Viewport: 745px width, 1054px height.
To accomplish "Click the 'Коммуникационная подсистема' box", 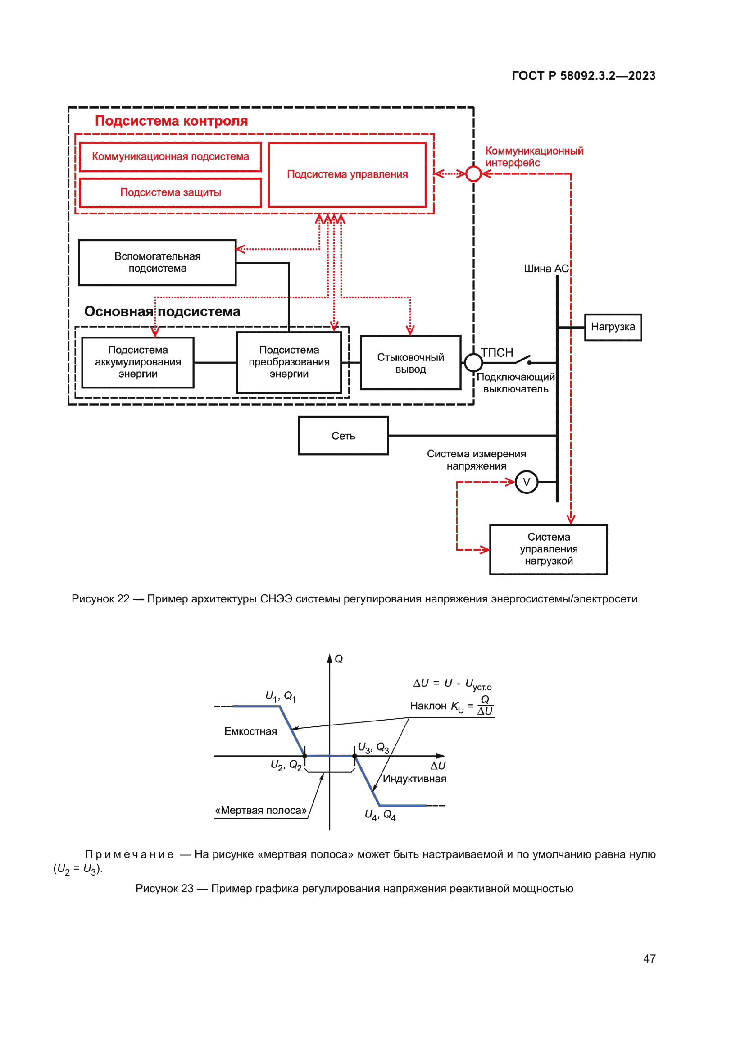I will [170, 157].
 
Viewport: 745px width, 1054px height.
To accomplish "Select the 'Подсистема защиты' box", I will [170, 193].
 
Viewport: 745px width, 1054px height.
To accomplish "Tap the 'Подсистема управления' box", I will [347, 175].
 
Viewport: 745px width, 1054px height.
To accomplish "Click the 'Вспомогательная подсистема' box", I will [157, 263].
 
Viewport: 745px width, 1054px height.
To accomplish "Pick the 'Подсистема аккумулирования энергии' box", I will [138, 362].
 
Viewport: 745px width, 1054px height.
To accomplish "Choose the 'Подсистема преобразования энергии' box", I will [289, 362].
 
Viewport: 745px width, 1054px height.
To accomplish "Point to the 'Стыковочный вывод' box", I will [411, 363].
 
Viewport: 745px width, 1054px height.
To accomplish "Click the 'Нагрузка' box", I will [613, 327].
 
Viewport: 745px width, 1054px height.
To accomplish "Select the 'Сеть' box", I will [343, 436].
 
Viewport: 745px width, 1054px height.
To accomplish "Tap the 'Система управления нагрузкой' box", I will [549, 549].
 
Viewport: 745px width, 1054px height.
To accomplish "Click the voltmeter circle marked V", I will [526, 483].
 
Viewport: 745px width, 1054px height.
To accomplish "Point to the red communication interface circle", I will [473, 174].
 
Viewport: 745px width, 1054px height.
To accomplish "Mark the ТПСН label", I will [497, 353].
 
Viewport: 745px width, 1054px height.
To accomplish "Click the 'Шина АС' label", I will [546, 269].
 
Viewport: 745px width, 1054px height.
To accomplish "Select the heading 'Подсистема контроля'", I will [171, 121].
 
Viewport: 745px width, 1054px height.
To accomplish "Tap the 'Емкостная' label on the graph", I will [250, 732].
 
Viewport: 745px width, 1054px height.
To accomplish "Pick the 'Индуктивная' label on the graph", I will [414, 779].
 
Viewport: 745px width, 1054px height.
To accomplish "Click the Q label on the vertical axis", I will [339, 659].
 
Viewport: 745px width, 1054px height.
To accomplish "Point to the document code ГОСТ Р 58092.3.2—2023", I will [583, 76].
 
